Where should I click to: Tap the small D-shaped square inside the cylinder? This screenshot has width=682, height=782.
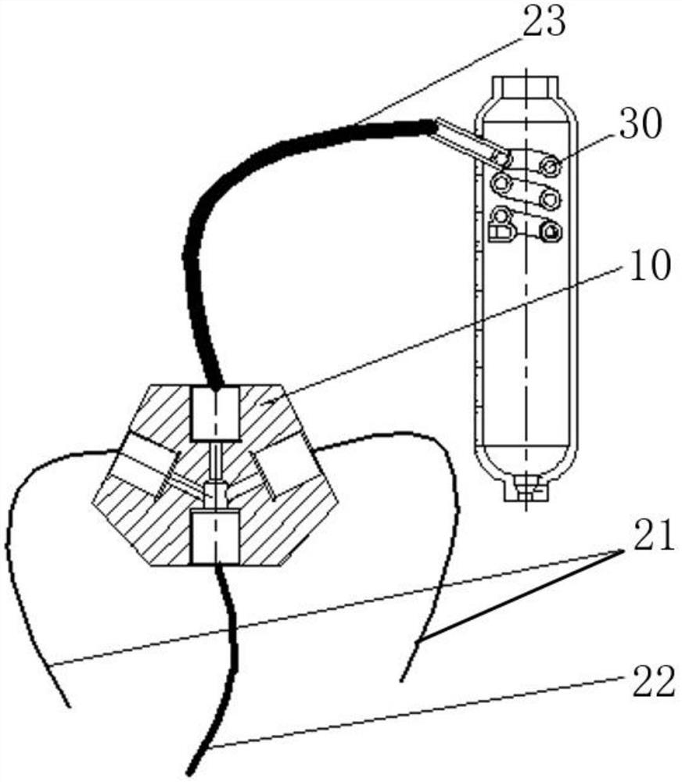[x=498, y=231]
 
